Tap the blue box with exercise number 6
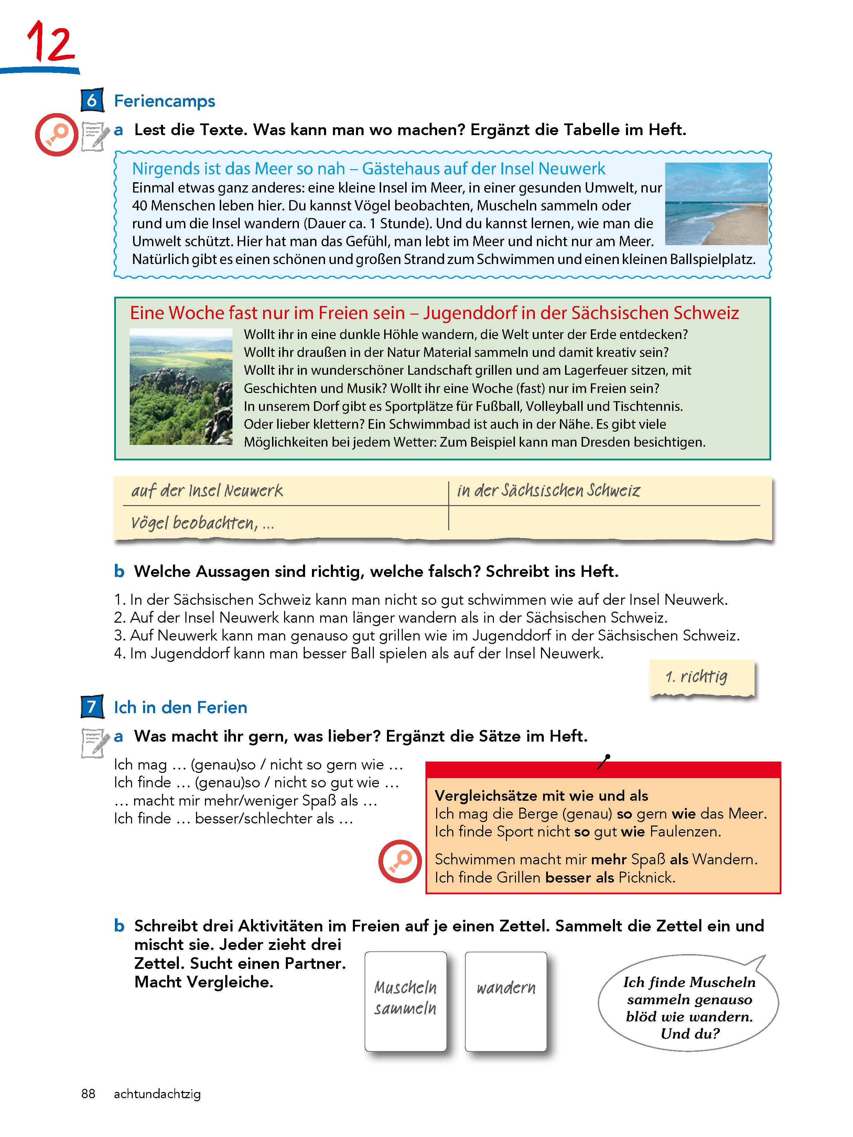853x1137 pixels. tap(92, 100)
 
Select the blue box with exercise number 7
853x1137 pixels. tap(92, 707)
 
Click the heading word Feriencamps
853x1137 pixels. tap(164, 101)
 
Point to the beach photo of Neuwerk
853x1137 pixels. tap(716, 204)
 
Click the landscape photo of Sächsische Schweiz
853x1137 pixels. tap(181, 386)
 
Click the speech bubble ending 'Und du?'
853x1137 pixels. tap(689, 1007)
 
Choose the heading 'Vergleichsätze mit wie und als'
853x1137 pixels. tap(541, 796)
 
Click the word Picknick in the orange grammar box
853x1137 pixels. tap(647, 877)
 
